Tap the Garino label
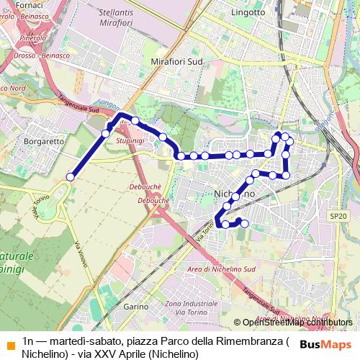pos(135,307)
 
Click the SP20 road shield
pos(338,216)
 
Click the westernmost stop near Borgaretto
pos(71,176)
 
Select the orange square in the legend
pos(9,341)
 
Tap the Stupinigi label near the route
pos(131,141)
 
